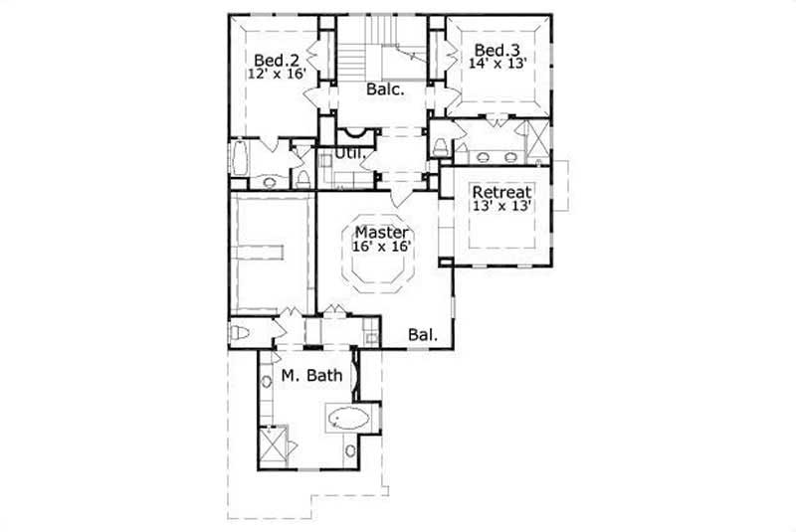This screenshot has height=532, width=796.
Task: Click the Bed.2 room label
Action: coord(271,58)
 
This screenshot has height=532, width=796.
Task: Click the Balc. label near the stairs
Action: coord(384,89)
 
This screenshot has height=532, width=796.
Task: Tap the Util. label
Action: coord(346,154)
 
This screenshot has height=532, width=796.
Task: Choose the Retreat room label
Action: coord(502,192)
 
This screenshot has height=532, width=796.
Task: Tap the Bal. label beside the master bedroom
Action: coord(423,335)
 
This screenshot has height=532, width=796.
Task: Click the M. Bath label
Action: coord(311,376)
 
